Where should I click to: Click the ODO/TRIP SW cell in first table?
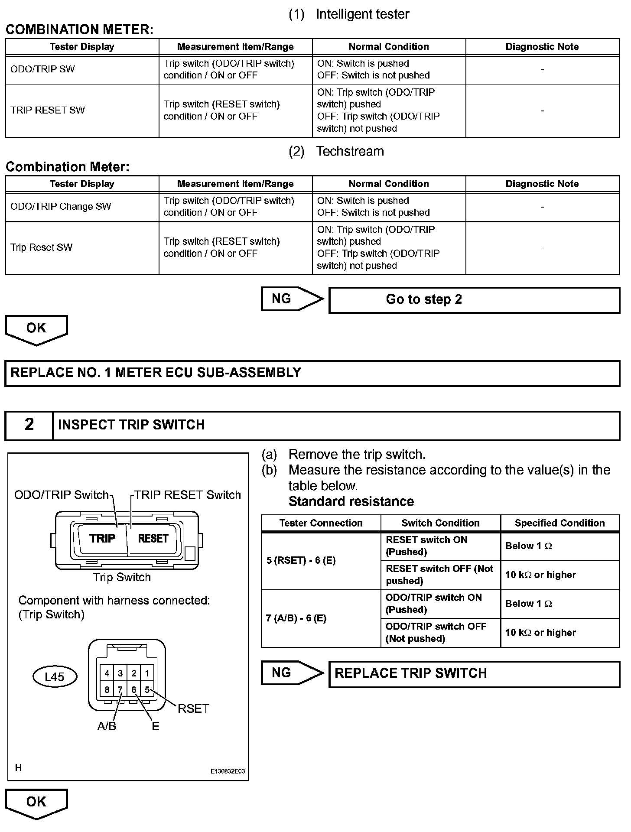coord(82,69)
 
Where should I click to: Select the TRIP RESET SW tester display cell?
coord(82,110)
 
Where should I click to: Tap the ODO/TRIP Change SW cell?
coord(82,207)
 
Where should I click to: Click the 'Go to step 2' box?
coord(474,300)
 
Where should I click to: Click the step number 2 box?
coord(29,425)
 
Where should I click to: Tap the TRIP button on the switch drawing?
coord(102,539)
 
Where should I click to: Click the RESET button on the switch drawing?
coord(153,539)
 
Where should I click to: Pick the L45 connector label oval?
coord(55,676)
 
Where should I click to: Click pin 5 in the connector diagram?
coord(147,689)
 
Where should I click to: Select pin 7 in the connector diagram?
coord(120,689)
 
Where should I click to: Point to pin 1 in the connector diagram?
coord(147,673)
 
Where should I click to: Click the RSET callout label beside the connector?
coord(193,709)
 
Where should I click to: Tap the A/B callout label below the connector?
coord(107,726)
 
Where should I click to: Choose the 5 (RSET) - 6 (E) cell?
coord(321,561)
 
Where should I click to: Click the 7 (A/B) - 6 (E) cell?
coord(321,618)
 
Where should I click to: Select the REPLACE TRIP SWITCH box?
coord(474,673)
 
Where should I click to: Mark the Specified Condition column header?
coord(559,523)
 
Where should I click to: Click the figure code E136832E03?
coord(228,771)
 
